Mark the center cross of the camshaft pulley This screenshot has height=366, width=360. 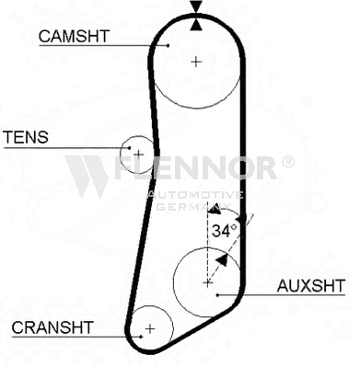[196, 62]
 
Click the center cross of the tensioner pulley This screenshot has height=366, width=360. [138, 154]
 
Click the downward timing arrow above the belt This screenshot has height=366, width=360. [195, 8]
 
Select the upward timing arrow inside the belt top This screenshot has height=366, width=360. [195, 24]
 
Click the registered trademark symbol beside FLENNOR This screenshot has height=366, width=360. [287, 162]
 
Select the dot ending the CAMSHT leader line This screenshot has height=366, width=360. [168, 44]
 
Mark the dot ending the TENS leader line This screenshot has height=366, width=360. [130, 147]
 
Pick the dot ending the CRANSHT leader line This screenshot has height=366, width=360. [141, 335]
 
